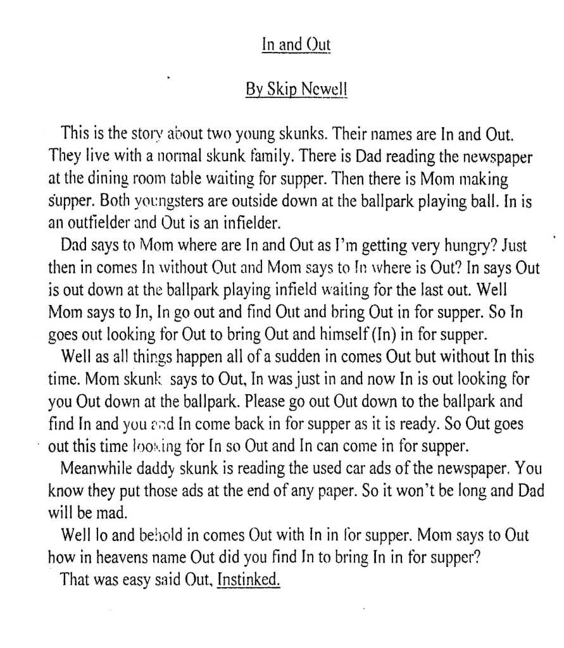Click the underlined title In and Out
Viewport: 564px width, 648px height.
point(296,46)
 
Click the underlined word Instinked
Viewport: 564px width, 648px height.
point(248,580)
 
